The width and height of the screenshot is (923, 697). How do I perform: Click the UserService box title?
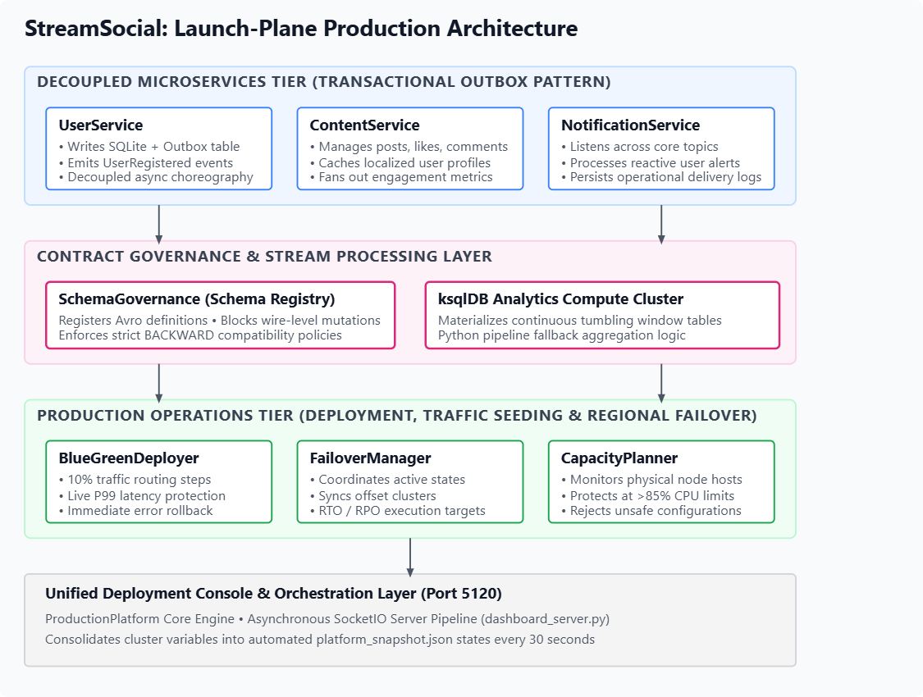coord(101,125)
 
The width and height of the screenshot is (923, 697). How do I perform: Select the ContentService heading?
coord(364,125)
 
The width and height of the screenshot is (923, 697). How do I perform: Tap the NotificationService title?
coord(630,125)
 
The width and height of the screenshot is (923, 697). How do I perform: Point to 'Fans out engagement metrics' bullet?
coord(401,177)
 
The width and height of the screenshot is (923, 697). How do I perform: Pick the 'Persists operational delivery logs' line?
coord(661,177)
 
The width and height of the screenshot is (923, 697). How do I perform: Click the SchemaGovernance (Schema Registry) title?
coord(197,299)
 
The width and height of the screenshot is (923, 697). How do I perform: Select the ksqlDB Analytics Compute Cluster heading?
coord(560,299)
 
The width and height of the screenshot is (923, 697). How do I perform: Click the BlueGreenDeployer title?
coord(129,458)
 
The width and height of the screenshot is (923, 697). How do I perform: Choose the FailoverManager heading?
coord(370,458)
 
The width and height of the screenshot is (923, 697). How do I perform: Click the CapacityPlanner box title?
coord(619,458)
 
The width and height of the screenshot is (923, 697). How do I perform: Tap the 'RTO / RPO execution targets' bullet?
coord(398,511)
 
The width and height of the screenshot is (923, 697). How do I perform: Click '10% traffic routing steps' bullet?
coord(135,480)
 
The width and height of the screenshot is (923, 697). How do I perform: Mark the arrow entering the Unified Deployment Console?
coord(410,557)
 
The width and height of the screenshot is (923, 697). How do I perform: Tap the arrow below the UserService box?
coord(159,224)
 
